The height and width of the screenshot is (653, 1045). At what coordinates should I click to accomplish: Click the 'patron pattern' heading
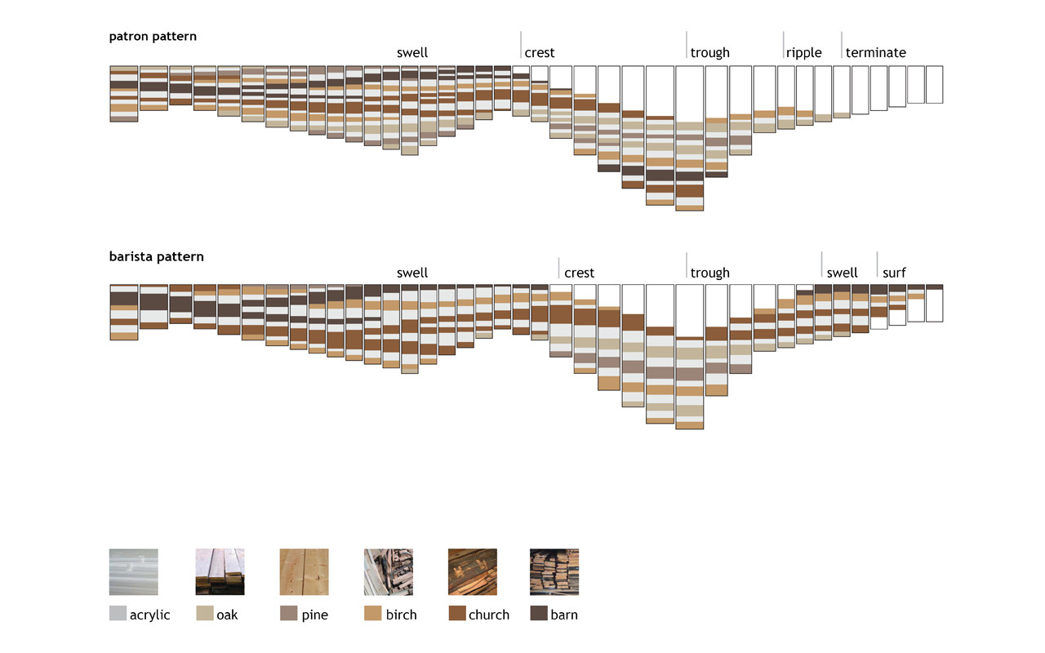click(x=153, y=37)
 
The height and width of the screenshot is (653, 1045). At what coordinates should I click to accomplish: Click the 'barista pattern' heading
click(x=156, y=256)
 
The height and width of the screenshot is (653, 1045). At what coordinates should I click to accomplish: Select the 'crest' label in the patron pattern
click(x=540, y=53)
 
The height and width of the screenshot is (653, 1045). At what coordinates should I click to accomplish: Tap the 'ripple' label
click(x=803, y=53)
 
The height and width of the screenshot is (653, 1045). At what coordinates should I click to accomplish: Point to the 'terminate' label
click(x=875, y=53)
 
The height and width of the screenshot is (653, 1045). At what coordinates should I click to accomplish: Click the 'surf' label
click(x=894, y=273)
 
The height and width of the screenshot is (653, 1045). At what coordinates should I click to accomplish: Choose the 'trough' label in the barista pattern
click(x=709, y=273)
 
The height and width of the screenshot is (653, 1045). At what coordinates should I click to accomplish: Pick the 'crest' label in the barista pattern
click(x=579, y=273)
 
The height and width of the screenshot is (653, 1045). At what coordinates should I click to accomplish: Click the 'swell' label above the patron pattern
click(x=412, y=53)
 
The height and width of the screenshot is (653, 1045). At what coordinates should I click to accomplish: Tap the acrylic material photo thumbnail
click(x=133, y=571)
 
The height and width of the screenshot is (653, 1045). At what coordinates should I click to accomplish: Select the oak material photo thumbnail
click(x=220, y=571)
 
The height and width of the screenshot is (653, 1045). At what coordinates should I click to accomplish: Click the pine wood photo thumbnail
click(x=304, y=571)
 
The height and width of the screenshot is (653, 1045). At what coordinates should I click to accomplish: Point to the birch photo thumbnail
click(x=388, y=571)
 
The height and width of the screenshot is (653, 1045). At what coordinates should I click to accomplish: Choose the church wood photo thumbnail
click(x=472, y=571)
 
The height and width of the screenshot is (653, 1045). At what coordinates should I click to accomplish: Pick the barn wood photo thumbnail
click(x=554, y=571)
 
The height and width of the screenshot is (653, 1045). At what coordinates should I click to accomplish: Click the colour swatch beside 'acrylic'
click(x=118, y=614)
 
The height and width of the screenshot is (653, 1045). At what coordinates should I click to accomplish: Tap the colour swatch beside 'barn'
click(x=539, y=614)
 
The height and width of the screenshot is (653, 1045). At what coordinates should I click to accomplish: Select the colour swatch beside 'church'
click(x=456, y=614)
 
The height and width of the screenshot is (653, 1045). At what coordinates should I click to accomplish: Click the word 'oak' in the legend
click(x=227, y=615)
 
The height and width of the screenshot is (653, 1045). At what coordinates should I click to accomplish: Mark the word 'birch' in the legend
click(x=401, y=615)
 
